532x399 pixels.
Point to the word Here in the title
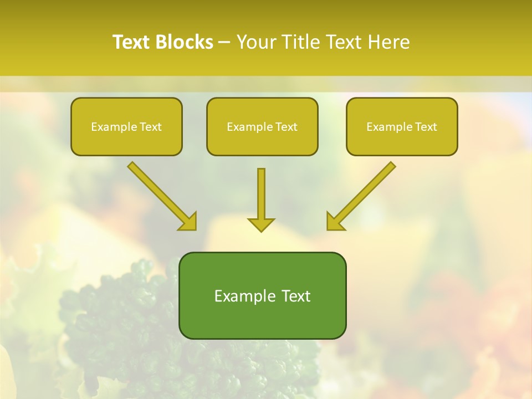388,42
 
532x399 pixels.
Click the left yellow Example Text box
126,127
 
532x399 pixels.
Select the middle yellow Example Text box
262,127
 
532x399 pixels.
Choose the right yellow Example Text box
402,127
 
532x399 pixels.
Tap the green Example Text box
262,295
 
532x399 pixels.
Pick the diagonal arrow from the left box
158,192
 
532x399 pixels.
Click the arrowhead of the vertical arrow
261,224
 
